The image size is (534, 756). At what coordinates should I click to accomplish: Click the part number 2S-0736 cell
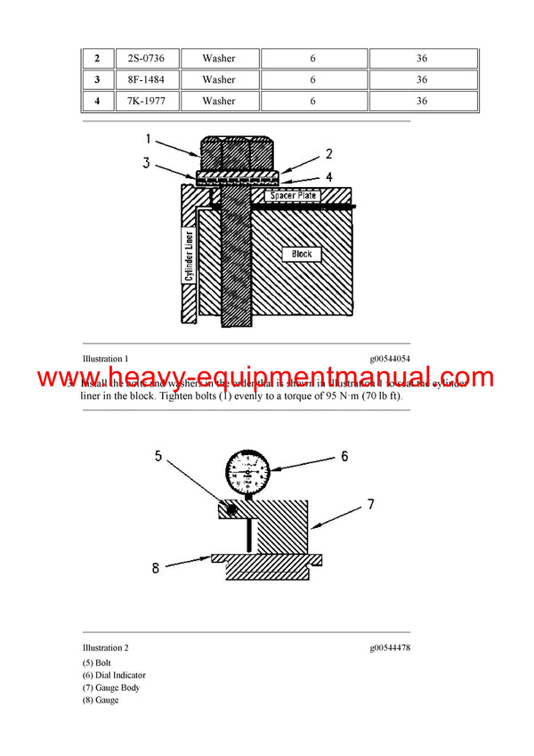(146, 58)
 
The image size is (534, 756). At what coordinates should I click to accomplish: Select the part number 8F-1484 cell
(146, 79)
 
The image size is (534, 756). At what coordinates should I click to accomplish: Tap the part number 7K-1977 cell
(146, 101)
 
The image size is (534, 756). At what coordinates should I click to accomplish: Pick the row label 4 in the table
(96, 101)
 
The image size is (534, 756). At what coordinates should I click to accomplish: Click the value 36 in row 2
(422, 58)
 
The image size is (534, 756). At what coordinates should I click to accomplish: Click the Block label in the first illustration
(302, 255)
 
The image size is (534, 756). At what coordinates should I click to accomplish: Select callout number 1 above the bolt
(149, 139)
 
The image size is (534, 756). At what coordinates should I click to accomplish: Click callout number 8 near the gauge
(156, 567)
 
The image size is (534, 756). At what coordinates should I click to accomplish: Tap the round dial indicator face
(247, 471)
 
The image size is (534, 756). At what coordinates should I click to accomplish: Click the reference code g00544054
(390, 358)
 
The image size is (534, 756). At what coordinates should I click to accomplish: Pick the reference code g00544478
(390, 647)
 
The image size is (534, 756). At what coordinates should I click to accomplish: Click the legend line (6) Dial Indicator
(114, 675)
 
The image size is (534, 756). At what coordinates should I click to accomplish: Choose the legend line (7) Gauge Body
(111, 687)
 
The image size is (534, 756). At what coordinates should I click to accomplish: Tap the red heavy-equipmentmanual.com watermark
(266, 378)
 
